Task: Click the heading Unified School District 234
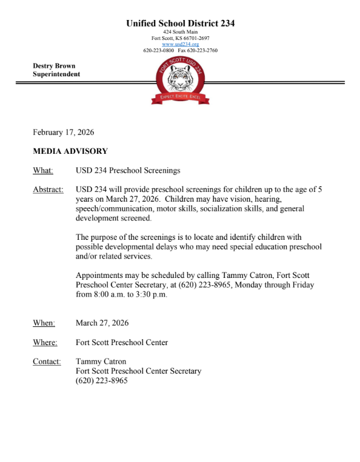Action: click(180, 23)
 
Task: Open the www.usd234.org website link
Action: click(180, 44)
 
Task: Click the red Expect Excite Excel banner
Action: click(180, 97)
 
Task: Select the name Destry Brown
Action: click(54, 65)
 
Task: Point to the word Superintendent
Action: click(56, 74)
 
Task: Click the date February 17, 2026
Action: click(63, 132)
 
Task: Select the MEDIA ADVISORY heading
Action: click(70, 151)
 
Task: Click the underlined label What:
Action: click(43, 171)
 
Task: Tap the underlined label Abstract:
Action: click(48, 190)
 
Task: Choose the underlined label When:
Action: click(44, 323)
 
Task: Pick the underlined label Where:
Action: click(45, 343)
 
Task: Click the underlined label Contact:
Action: click(47, 362)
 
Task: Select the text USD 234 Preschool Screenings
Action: click(128, 171)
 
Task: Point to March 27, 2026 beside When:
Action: click(102, 323)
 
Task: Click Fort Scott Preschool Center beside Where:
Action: click(122, 343)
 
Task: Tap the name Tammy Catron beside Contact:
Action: click(101, 362)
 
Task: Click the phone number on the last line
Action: click(101, 381)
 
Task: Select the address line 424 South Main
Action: click(180, 31)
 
